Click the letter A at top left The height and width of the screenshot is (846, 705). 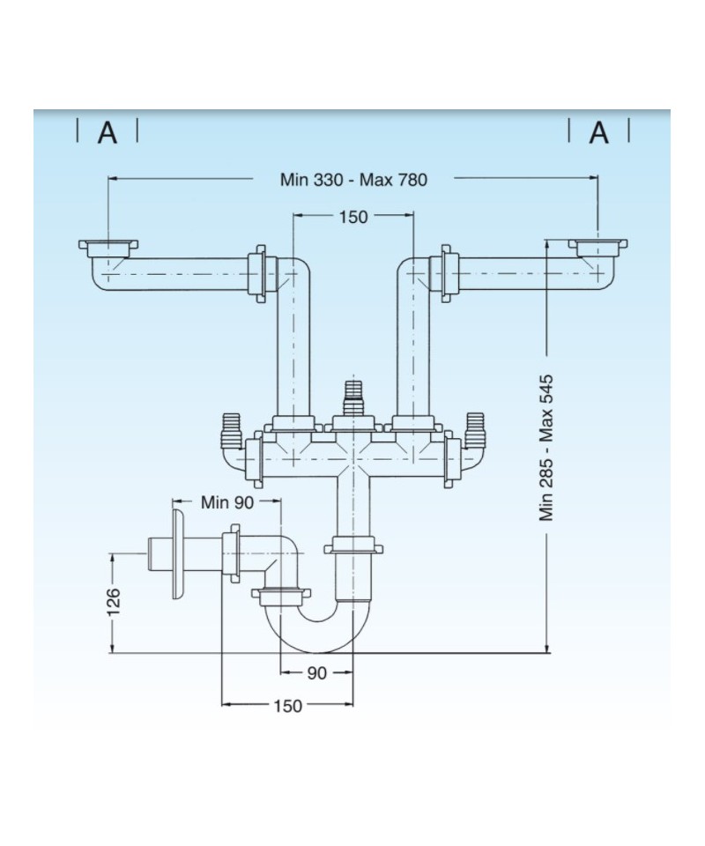pos(107,133)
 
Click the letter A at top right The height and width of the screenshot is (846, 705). pos(599,133)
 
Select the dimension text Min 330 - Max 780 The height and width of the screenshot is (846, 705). pos(353,180)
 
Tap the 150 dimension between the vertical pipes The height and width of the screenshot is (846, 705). pos(352,217)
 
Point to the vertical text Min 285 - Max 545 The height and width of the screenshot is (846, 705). pos(547,447)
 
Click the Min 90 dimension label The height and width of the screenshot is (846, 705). pos(227,502)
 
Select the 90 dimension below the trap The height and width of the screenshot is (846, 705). pos(317,673)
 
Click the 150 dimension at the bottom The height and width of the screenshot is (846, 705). pos(287,706)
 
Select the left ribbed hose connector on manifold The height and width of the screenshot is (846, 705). pos(232,427)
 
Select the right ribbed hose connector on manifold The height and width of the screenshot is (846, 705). pos(474,427)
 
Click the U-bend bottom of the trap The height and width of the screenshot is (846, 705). pos(317,634)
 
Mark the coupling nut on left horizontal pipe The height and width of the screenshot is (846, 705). pos(259,274)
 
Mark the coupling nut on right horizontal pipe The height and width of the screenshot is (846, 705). pos(446,274)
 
